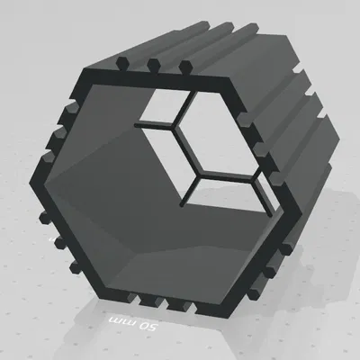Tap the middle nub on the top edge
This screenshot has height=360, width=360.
point(154,65)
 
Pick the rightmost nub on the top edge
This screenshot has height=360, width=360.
point(185,67)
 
